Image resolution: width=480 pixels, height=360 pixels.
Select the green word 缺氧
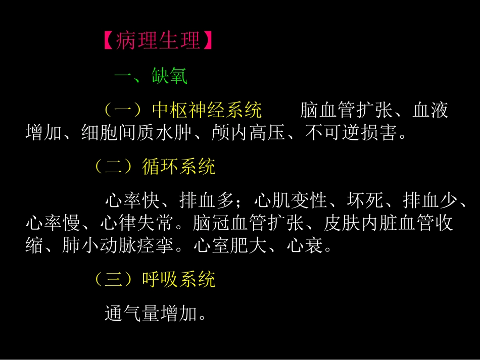click(169, 77)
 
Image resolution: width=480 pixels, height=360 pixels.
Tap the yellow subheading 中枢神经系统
click(207, 110)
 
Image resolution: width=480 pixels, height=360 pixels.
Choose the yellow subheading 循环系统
click(179, 167)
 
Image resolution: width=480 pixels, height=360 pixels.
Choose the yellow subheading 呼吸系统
click(179, 279)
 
